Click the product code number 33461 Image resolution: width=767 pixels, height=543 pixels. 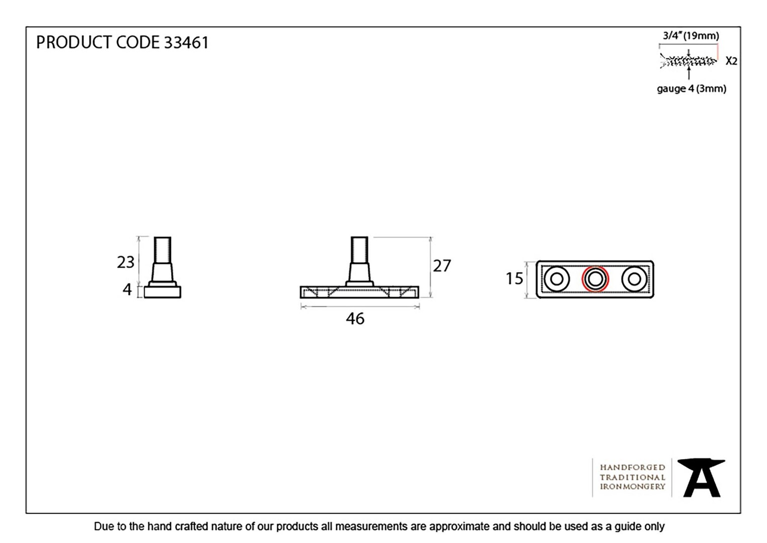(186, 42)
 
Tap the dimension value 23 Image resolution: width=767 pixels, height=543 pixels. (126, 262)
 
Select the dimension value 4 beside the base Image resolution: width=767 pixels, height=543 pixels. (127, 290)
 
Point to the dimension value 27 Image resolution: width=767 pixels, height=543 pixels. (442, 266)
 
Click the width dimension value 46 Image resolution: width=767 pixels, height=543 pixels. (355, 319)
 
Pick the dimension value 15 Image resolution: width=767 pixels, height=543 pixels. (515, 279)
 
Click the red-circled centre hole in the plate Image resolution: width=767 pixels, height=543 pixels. (595, 279)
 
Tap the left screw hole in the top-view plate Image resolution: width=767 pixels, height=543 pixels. (557, 279)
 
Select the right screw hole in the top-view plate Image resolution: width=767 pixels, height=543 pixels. (635, 279)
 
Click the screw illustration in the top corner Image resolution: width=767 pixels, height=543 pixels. (688, 62)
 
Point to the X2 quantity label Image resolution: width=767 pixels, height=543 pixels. (731, 61)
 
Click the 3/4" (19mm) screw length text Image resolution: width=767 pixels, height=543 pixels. (691, 36)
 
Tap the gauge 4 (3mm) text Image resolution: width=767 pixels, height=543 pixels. (692, 88)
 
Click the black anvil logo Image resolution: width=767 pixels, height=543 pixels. (702, 478)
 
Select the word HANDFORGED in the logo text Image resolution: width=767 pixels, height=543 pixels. (632, 468)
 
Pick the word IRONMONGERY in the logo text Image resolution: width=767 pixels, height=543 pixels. (632, 487)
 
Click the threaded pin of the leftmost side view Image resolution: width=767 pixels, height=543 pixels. (162, 250)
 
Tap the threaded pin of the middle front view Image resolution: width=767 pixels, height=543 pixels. (360, 250)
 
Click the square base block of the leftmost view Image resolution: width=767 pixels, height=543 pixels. (162, 292)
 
